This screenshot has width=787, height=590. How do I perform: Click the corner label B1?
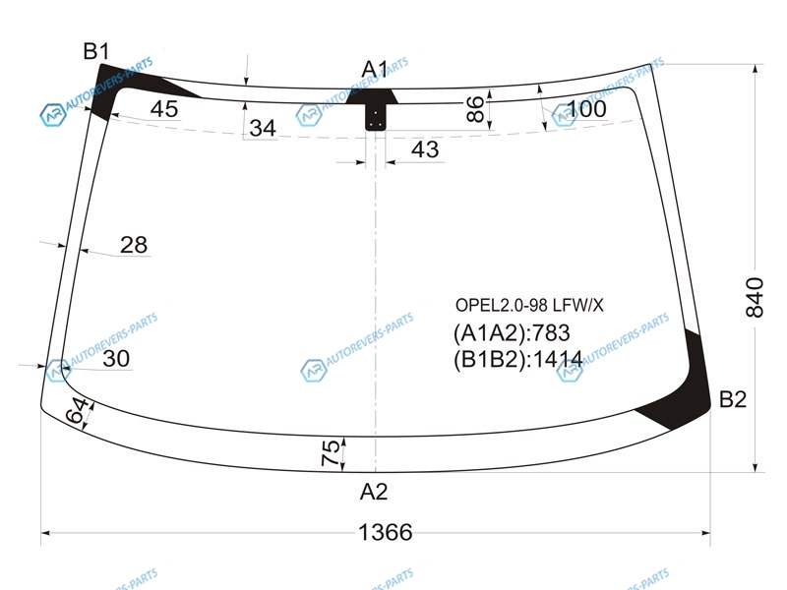coord(95,51)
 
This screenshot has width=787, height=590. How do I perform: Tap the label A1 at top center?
coord(375,69)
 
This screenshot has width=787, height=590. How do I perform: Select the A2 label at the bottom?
coord(374,492)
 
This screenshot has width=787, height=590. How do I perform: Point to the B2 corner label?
coord(733,399)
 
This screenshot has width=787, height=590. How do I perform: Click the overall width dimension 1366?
coord(386,532)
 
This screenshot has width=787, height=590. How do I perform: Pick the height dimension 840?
coord(755,297)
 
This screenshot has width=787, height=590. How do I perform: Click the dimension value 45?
coord(164,109)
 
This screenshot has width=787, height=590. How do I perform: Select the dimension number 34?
coord(263,129)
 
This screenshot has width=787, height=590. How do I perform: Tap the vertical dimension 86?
coord(475,109)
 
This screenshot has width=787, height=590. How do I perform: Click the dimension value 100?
coord(586,109)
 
